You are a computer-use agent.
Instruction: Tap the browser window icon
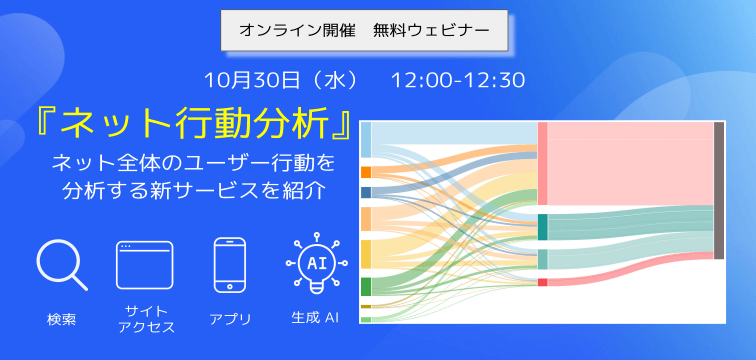point(144,265)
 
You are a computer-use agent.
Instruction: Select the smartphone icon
point(230,266)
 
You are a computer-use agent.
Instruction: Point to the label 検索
point(61,320)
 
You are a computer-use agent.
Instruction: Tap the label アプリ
point(230,320)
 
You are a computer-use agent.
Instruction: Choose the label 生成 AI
point(316,319)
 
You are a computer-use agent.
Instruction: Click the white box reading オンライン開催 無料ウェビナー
point(364,31)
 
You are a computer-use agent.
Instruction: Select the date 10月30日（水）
point(275,79)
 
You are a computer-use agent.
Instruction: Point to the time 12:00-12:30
point(458,79)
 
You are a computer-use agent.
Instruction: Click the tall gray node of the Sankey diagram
point(718,190)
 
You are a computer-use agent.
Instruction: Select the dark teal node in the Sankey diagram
point(542,227)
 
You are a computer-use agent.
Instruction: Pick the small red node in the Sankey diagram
point(542,282)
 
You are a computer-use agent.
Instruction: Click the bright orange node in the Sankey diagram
point(365,172)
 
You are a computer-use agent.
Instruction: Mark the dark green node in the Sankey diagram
point(365,286)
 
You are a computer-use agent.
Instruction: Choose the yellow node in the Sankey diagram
point(365,252)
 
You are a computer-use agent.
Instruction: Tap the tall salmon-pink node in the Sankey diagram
point(542,163)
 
